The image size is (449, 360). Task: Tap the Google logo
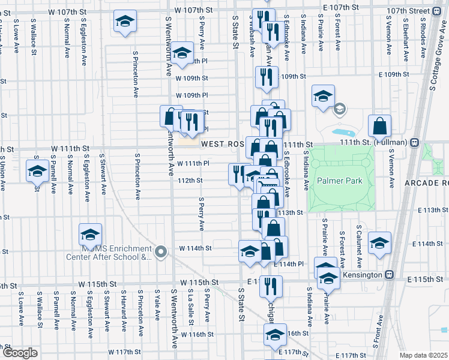[x=20, y=353]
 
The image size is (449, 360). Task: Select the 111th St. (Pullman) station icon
[x=414, y=143]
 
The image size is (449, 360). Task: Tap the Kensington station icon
[x=389, y=274]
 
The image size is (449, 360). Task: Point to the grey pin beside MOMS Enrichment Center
[x=160, y=252]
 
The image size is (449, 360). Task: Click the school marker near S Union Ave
[x=37, y=171]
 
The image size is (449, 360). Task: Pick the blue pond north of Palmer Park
[x=342, y=131]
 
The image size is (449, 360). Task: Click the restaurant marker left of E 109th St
[x=265, y=77]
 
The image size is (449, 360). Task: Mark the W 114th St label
[x=195, y=248]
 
